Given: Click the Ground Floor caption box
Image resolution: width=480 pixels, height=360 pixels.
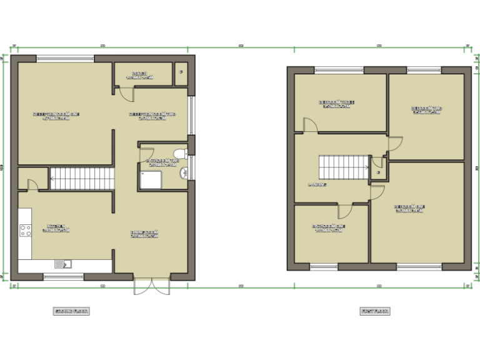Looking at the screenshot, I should (x=71, y=311).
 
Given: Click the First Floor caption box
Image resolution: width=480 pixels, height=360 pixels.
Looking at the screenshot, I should (x=375, y=311).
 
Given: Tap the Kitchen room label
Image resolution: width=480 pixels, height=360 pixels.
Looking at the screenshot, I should (x=56, y=228).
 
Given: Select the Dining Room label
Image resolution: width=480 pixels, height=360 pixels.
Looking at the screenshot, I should (x=144, y=234).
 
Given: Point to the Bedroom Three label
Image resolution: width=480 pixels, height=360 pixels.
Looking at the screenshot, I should (x=337, y=104).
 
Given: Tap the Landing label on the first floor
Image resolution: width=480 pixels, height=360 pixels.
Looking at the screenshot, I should (x=317, y=185).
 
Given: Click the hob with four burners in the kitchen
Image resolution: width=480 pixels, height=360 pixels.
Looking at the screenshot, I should (x=26, y=230).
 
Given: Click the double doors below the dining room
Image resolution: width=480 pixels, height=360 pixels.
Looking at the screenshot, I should (x=151, y=285).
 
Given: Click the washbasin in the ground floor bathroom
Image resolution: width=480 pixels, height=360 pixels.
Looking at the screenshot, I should (x=183, y=173).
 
